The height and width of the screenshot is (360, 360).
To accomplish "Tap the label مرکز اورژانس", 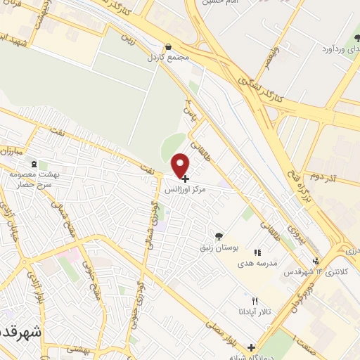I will pos(188,190).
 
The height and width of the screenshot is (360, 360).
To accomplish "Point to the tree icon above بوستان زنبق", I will pos(219,236).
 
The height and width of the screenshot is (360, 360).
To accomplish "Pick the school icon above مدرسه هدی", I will pos(257,252).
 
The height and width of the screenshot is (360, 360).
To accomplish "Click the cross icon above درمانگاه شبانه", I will pos(251,347).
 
